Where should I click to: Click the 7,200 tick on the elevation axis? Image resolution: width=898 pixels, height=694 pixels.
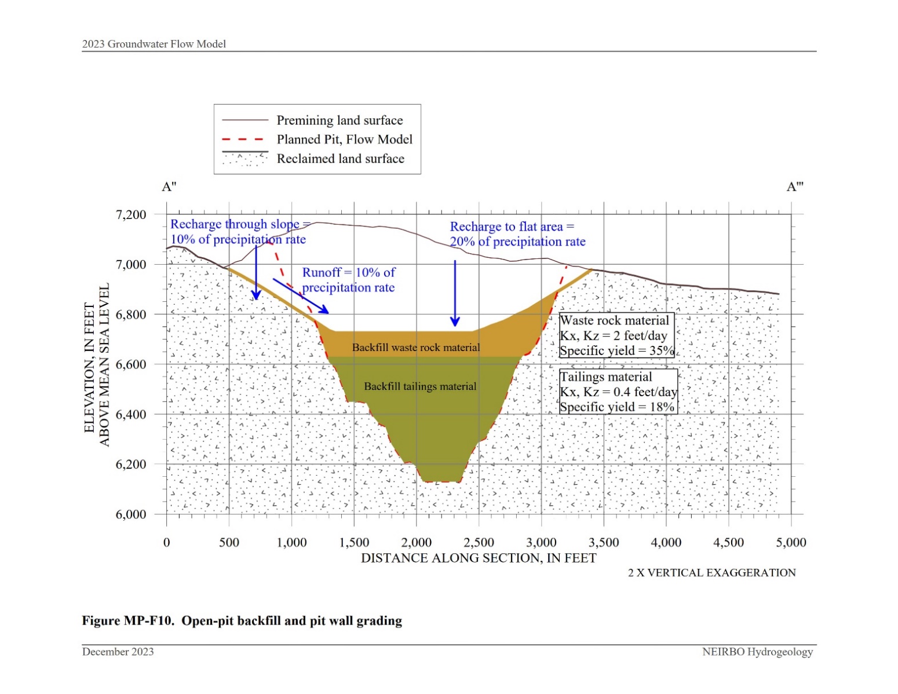pyautogui.click(x=131, y=215)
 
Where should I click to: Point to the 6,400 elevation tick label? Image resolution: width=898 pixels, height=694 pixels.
pyautogui.click(x=131, y=415)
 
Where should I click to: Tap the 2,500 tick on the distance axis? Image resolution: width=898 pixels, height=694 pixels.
pyautogui.click(x=479, y=543)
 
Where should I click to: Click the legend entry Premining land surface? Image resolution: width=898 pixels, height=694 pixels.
pyautogui.click(x=340, y=120)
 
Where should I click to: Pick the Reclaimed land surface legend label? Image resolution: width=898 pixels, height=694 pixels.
pyautogui.click(x=340, y=159)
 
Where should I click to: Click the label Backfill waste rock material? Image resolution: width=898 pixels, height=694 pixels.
pyautogui.click(x=416, y=348)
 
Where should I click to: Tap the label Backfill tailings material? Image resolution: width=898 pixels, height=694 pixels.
pyautogui.click(x=420, y=386)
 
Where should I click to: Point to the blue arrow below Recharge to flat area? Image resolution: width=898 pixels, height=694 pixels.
pyautogui.click(x=455, y=293)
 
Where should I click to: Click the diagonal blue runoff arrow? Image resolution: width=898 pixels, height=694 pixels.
pyautogui.click(x=300, y=296)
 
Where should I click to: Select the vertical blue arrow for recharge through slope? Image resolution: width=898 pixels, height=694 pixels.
pyautogui.click(x=256, y=272)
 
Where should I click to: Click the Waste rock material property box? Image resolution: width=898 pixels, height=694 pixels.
pyautogui.click(x=616, y=336)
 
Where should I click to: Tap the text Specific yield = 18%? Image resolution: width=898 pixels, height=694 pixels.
pyautogui.click(x=616, y=407)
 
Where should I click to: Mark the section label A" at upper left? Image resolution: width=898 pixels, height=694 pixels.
pyautogui.click(x=169, y=187)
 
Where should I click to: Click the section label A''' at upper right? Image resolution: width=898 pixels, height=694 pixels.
pyautogui.click(x=795, y=187)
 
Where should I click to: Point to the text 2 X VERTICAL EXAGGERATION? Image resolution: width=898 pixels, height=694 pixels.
pyautogui.click(x=711, y=573)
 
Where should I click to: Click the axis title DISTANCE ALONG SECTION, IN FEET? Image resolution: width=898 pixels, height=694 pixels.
pyautogui.click(x=479, y=558)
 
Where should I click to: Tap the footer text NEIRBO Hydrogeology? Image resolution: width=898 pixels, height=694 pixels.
pyautogui.click(x=757, y=652)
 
